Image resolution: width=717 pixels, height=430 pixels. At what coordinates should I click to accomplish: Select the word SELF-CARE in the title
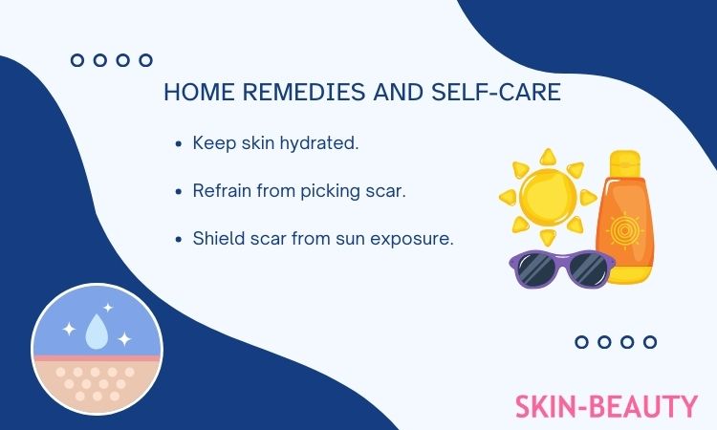(496, 92)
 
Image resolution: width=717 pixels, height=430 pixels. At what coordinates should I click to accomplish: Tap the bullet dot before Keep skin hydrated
(179, 144)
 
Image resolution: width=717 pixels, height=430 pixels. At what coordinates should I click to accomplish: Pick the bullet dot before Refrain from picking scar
(179, 191)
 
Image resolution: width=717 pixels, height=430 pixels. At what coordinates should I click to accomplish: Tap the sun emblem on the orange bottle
(624, 230)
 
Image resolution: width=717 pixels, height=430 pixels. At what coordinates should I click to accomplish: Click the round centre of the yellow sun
(548, 197)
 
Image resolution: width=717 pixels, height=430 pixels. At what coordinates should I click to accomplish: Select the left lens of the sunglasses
(537, 268)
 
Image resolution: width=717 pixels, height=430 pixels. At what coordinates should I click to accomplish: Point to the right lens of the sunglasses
(590, 268)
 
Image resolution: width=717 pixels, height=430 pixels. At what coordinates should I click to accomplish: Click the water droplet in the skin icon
(97, 332)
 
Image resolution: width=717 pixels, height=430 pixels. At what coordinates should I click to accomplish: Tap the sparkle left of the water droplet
(69, 329)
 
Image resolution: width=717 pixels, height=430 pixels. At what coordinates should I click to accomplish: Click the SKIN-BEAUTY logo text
(606, 406)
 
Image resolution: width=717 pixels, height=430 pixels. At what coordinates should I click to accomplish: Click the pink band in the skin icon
(97, 358)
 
